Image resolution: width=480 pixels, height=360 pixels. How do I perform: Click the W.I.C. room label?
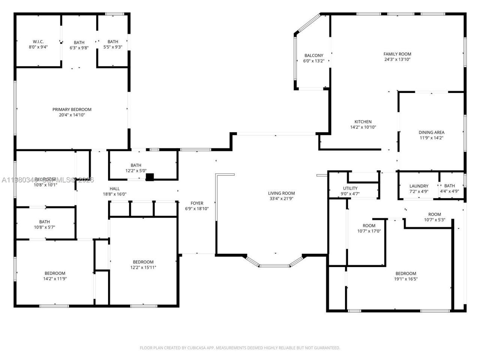(x=38, y=42)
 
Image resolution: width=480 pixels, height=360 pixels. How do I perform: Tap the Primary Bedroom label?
(x=72, y=109)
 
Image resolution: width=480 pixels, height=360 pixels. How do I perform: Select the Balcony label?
(x=313, y=55)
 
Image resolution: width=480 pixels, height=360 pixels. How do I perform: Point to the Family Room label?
(x=397, y=54)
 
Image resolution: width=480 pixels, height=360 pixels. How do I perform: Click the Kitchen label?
(x=363, y=121)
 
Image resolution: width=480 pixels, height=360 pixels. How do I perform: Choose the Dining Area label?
(x=431, y=132)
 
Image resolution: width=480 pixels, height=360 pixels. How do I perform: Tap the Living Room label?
(x=281, y=193)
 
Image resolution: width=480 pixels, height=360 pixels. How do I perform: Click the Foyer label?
(x=197, y=203)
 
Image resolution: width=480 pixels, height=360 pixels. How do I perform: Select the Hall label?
(x=115, y=189)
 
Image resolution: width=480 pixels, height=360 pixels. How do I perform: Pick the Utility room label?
(x=350, y=188)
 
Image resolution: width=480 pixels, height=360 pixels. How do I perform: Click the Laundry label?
(x=419, y=186)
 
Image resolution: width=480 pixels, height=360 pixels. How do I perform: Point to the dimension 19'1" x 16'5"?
(x=406, y=279)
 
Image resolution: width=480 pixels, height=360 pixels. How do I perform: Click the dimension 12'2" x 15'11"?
(x=143, y=267)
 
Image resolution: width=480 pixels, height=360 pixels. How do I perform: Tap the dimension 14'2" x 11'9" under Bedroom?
(x=55, y=279)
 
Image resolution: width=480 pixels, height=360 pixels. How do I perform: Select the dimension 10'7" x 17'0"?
(x=369, y=231)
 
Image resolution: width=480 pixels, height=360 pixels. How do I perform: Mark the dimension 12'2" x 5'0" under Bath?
(x=136, y=171)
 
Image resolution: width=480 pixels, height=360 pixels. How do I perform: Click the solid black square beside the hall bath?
(x=150, y=177)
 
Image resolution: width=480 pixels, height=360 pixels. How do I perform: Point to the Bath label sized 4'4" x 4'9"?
(x=449, y=186)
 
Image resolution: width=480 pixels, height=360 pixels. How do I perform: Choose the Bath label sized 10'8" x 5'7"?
(x=44, y=222)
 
